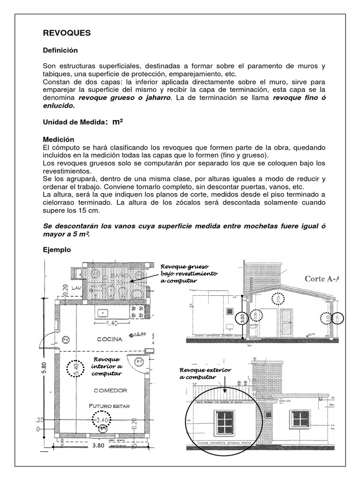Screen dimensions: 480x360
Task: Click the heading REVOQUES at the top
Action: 67,33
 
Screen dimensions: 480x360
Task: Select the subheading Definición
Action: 60,50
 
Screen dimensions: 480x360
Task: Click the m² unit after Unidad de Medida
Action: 117,122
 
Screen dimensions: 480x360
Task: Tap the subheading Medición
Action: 59,139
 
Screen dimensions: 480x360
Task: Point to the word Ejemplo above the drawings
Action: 57,250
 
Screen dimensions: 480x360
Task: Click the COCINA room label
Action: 110,339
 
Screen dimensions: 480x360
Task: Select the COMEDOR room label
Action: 110,390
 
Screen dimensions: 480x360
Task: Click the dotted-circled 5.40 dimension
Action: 74,368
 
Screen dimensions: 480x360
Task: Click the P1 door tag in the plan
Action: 139,362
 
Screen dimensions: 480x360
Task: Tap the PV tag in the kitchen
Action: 66,339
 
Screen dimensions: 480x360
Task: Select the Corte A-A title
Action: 322,279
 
